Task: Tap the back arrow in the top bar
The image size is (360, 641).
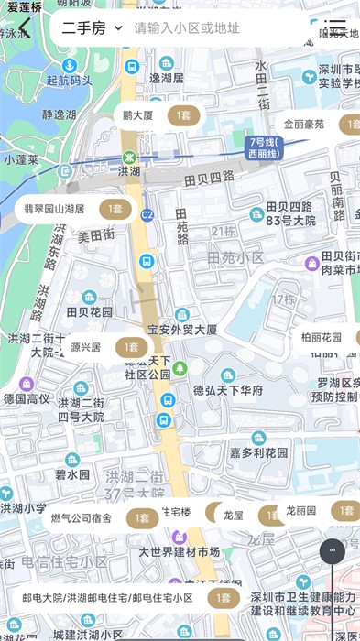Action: (25, 28)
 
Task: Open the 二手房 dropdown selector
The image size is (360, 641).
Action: (92, 28)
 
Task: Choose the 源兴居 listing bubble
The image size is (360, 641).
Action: (105, 348)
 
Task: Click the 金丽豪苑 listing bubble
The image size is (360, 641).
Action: (316, 125)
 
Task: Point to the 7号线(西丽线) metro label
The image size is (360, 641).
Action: (266, 147)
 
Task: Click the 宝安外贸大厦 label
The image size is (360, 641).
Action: (182, 330)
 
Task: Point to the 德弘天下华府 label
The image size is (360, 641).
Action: (228, 390)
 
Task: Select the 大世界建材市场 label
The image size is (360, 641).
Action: (180, 552)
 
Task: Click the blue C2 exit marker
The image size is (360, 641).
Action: (147, 215)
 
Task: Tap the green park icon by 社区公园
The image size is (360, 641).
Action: (180, 368)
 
